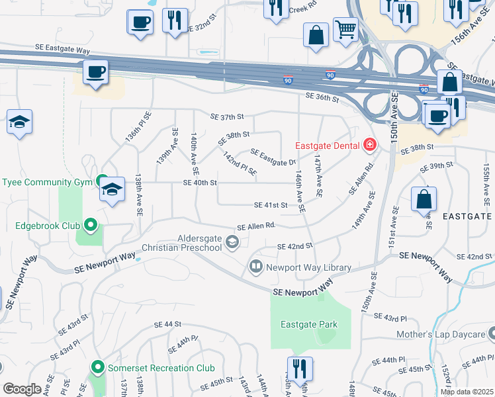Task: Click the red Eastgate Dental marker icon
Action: tap(369, 145)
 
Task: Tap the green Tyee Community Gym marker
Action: tap(102, 181)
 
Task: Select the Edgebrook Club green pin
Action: tap(90, 226)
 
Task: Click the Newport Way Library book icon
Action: tap(255, 267)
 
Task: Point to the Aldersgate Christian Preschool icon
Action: tap(232, 242)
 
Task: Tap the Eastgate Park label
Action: tap(309, 324)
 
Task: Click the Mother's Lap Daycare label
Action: tap(441, 335)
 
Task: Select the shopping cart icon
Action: tap(345, 30)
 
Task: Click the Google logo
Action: tap(22, 389)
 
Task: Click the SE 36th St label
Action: tap(322, 97)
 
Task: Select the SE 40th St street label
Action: tap(200, 183)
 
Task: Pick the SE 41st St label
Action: tap(271, 205)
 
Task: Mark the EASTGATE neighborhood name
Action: tap(467, 216)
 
